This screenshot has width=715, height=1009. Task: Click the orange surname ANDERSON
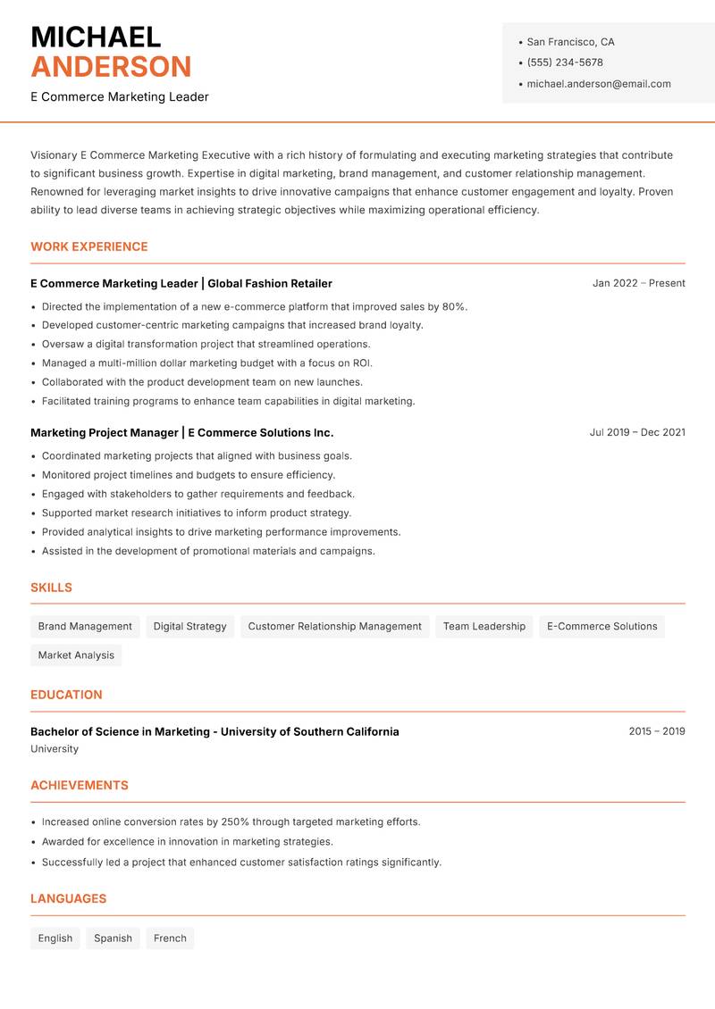111,67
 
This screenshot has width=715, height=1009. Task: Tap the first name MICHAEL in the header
96,37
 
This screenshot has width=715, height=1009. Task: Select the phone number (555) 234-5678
565,63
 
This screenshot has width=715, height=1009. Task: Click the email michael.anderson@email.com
598,84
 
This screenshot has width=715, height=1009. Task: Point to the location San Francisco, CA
570,42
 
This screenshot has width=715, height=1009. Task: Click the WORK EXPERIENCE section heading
89,246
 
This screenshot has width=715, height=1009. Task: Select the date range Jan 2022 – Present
638,283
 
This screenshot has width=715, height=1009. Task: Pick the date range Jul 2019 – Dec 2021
637,432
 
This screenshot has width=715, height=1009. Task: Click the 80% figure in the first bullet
453,306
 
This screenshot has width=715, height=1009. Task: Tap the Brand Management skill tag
85,627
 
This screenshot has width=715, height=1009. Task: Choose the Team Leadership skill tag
484,627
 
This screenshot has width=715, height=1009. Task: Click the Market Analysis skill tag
76,655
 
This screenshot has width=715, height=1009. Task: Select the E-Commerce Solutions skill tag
601,627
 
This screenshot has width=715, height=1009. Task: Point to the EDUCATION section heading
66,695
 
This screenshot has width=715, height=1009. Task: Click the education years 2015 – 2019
656,731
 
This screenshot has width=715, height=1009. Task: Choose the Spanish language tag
113,938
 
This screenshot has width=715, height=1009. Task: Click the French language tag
170,938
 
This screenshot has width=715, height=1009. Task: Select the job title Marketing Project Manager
105,432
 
